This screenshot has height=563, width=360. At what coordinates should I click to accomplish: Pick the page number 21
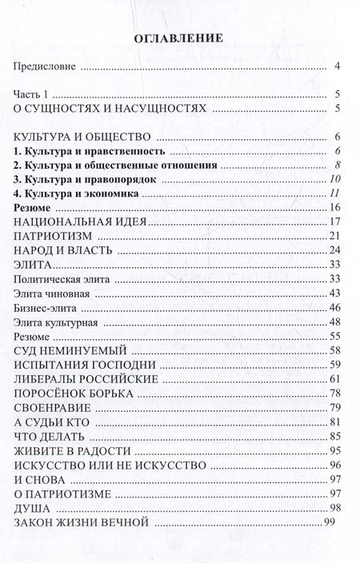336,238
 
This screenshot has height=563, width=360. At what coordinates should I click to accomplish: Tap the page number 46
336,307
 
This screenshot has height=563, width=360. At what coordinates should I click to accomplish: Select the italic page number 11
336,194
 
